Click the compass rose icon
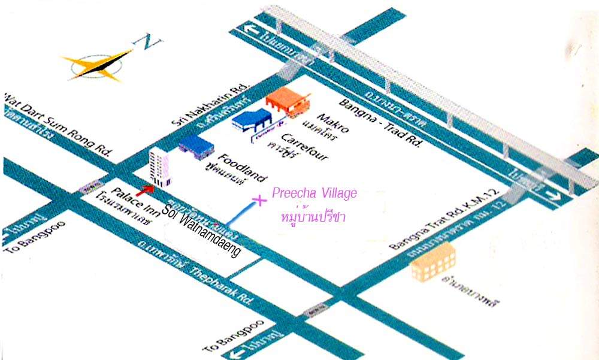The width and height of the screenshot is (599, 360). point(96,64)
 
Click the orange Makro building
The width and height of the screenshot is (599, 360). point(287,102)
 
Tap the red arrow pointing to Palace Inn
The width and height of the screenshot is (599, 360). point(142,190)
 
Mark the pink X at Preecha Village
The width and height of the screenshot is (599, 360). point(259,200)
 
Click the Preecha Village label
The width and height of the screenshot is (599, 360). point(314,193)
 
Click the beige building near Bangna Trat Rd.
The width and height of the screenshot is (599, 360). point(433,262)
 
